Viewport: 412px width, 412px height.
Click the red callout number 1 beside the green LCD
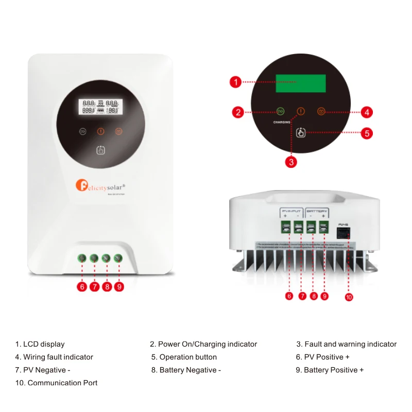(x=235, y=82)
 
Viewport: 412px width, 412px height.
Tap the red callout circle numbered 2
(x=237, y=112)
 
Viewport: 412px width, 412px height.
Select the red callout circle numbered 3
(x=291, y=162)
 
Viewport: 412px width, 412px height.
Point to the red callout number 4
(x=366, y=112)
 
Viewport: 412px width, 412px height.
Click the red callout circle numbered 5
(x=366, y=133)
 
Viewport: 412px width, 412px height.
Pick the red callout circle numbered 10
(x=349, y=297)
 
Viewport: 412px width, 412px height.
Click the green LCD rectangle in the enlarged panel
(x=301, y=84)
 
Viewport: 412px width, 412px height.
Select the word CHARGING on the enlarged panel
(x=282, y=122)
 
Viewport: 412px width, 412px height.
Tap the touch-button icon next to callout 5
(x=301, y=133)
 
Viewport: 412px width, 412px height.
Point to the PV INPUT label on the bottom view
(x=292, y=211)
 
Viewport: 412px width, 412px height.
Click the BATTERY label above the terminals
(x=317, y=211)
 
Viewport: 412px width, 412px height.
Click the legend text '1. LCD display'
(x=40, y=344)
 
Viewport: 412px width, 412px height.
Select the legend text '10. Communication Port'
(x=57, y=383)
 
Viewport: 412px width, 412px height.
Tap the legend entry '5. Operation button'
(x=184, y=357)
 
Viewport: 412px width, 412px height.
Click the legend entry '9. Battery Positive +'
(x=330, y=370)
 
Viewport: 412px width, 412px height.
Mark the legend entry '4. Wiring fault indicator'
(x=54, y=357)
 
